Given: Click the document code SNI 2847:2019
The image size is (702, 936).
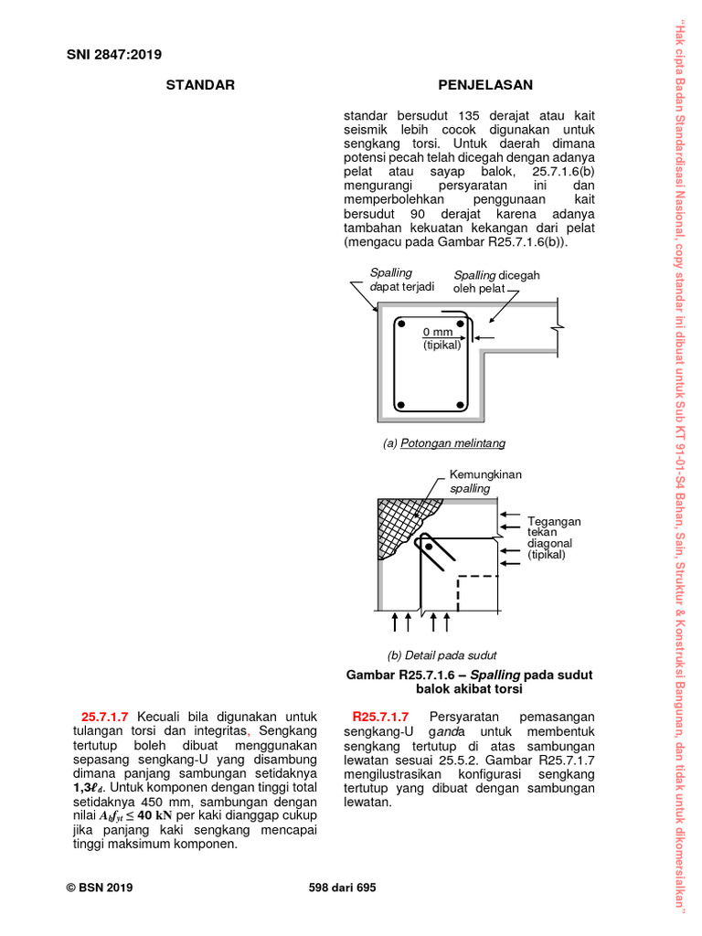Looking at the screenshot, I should pyautogui.click(x=114, y=54).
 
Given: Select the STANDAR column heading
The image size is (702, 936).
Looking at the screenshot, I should pyautogui.click(x=200, y=85).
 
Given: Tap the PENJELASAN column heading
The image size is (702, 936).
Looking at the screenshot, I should pyautogui.click(x=485, y=85).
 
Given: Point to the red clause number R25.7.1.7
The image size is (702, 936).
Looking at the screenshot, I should pyautogui.click(x=379, y=717).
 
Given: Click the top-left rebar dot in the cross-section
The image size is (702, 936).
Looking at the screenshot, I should pyautogui.click(x=400, y=324).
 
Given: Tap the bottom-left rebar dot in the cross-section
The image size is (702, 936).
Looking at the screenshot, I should pyautogui.click(x=400, y=404).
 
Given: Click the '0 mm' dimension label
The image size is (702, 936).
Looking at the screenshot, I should pyautogui.click(x=438, y=332).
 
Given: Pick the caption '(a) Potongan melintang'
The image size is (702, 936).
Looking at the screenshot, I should pyautogui.click(x=444, y=443).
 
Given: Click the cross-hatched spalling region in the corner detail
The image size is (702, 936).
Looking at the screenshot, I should pyautogui.click(x=399, y=522).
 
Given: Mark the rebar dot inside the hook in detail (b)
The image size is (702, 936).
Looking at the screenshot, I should pyautogui.click(x=429, y=548).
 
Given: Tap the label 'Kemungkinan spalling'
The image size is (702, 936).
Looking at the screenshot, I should pyautogui.click(x=485, y=482).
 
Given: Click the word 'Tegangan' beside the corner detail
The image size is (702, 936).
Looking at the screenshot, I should pyautogui.click(x=554, y=521).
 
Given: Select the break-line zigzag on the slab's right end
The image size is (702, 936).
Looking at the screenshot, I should pyautogui.click(x=557, y=326).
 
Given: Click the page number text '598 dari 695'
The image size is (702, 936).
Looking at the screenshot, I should pyautogui.click(x=343, y=888).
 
